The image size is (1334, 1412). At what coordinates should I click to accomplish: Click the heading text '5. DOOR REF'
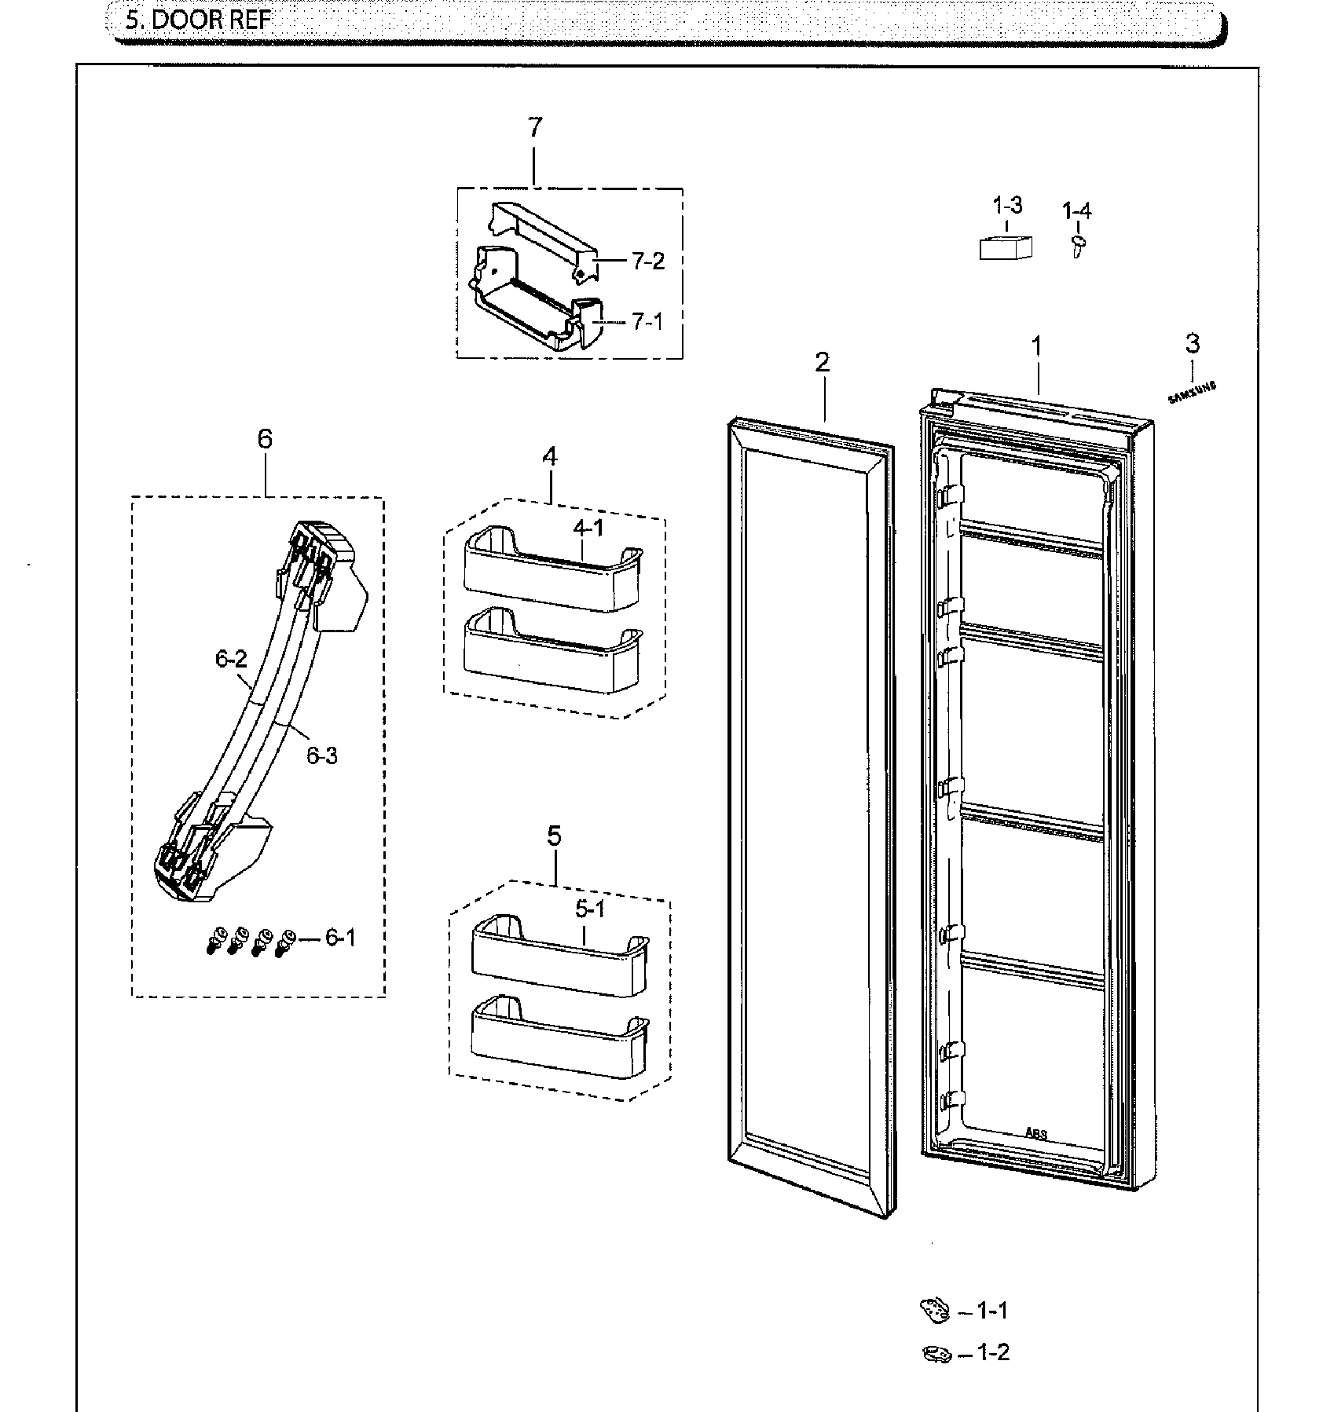pyautogui.click(x=198, y=19)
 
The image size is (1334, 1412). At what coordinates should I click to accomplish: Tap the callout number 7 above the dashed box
pyautogui.click(x=534, y=127)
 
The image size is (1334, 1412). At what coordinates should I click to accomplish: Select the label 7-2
pyautogui.click(x=647, y=261)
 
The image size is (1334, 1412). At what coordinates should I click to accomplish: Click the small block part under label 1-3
pyautogui.click(x=1005, y=247)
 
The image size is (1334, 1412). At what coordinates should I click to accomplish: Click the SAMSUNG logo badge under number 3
pyautogui.click(x=1192, y=393)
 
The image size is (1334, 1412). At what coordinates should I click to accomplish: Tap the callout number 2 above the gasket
pyautogui.click(x=822, y=362)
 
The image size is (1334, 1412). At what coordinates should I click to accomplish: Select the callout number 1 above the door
pyautogui.click(x=1037, y=346)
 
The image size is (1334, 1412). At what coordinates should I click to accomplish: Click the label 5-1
pyautogui.click(x=590, y=909)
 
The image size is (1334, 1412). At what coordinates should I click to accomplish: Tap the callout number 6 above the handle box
pyautogui.click(x=265, y=438)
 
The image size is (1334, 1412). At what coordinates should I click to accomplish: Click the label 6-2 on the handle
pyautogui.click(x=231, y=659)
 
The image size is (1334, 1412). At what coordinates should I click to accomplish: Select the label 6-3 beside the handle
pyautogui.click(x=321, y=755)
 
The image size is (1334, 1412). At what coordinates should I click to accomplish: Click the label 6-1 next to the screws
pyautogui.click(x=339, y=937)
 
